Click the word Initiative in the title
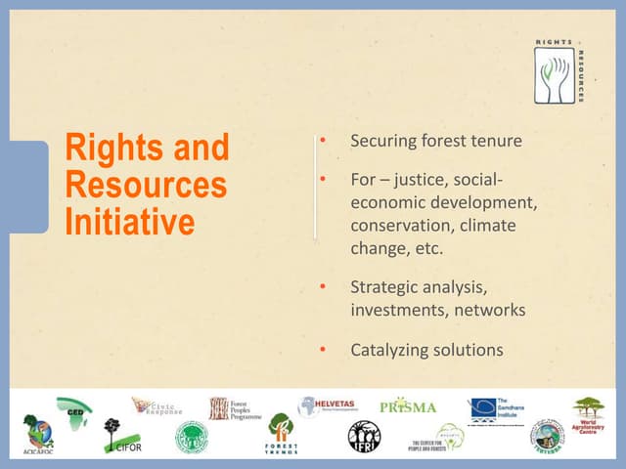coord(130,222)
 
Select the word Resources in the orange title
coord(146,185)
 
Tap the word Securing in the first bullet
coord(382,141)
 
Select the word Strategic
coord(385,288)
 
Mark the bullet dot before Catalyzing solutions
coord(323,349)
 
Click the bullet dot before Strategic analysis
coord(323,288)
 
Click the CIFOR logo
coord(118,437)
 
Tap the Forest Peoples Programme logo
coord(233,408)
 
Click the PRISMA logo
coord(407,406)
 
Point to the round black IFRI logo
coord(364,436)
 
